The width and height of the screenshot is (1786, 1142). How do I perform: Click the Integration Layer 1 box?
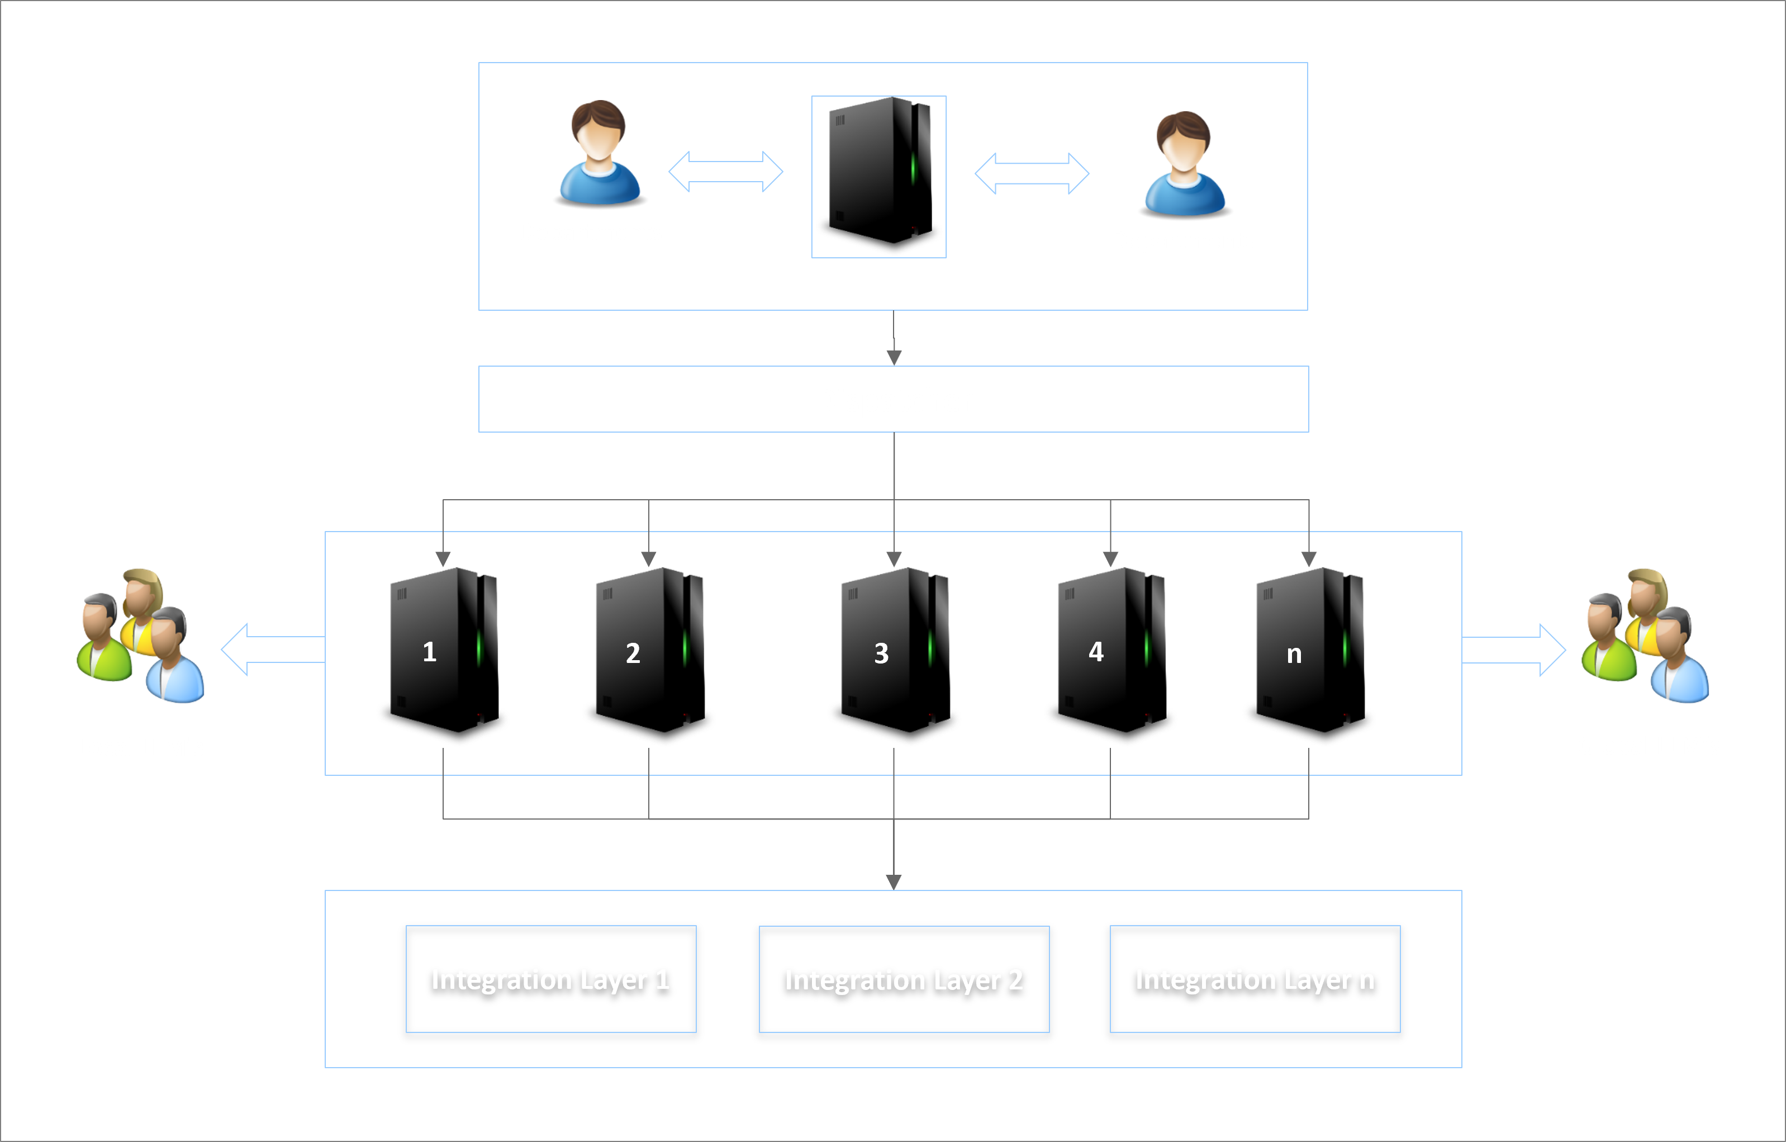point(550,979)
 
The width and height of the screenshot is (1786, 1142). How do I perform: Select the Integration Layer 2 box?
point(904,979)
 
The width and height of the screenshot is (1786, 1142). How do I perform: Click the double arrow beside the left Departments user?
point(725,172)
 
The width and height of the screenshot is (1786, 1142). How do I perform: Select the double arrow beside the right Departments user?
point(1031,173)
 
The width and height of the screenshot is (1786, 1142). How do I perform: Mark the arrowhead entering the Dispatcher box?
point(894,358)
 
